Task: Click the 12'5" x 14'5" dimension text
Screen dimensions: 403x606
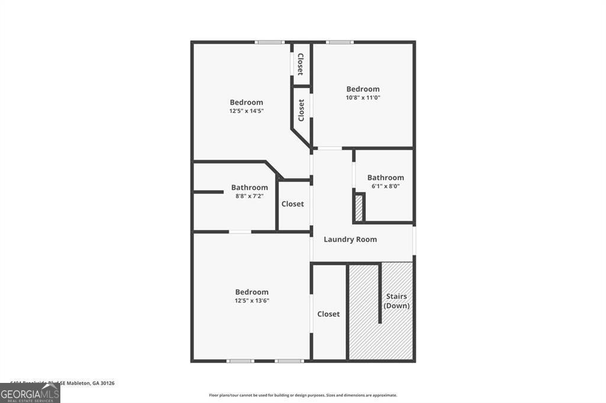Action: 246,110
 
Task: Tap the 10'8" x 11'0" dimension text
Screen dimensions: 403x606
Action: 363,97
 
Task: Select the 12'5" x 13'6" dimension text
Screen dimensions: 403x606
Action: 252,300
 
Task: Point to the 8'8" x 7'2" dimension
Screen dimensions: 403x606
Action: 249,196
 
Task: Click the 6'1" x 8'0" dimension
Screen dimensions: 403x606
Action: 385,186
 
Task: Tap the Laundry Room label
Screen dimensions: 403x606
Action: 350,239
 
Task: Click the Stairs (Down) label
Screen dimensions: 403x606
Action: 397,301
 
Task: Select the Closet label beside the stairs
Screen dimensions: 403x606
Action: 328,314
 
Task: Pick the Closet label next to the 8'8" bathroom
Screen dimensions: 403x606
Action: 292,204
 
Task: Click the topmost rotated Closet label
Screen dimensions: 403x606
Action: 301,64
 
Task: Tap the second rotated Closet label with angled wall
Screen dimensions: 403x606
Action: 301,110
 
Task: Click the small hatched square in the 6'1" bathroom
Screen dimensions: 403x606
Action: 359,207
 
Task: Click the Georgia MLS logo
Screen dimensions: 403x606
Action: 30,394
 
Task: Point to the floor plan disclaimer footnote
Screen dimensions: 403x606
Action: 302,395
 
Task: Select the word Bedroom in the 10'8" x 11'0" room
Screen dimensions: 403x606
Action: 363,89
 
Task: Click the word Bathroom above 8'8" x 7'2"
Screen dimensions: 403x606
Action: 249,187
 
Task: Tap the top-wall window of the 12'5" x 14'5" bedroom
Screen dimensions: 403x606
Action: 269,42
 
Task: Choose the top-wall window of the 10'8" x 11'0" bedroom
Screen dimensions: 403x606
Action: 340,42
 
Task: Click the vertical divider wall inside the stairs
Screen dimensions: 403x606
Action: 379,294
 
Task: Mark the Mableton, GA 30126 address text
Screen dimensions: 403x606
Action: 89,383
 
